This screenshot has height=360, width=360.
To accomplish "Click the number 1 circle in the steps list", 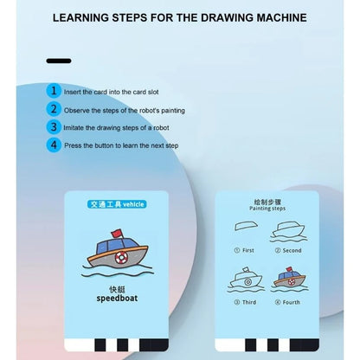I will pyautogui.click(x=54, y=90).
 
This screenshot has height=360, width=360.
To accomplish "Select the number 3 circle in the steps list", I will pyautogui.click(x=54, y=126).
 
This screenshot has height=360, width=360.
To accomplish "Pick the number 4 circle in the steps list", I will pyautogui.click(x=54, y=145).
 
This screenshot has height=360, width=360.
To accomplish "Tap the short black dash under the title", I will pyautogui.click(x=59, y=61).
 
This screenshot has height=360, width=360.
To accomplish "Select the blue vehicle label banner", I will pyautogui.click(x=118, y=206).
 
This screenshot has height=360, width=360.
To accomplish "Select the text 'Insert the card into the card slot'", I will pyautogui.click(x=113, y=91).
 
